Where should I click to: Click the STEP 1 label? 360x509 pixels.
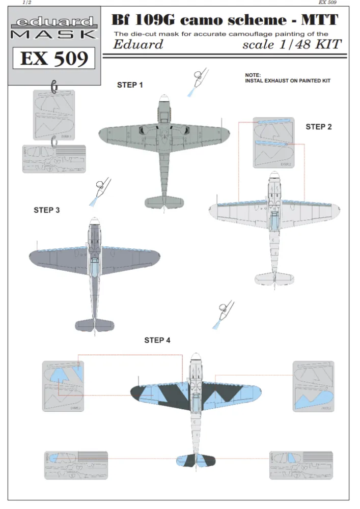click(130, 85)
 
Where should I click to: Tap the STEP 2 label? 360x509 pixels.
click(318, 127)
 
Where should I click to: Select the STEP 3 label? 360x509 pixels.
click(47, 210)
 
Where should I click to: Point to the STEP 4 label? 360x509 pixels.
click(157, 340)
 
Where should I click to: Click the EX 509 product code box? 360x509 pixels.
click(53, 59)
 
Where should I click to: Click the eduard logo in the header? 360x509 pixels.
click(53, 22)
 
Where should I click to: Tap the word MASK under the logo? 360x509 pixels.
click(53, 34)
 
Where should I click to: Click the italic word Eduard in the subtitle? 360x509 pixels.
click(138, 45)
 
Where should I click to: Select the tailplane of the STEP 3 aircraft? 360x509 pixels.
click(95, 324)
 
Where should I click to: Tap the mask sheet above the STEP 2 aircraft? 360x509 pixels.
click(274, 143)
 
